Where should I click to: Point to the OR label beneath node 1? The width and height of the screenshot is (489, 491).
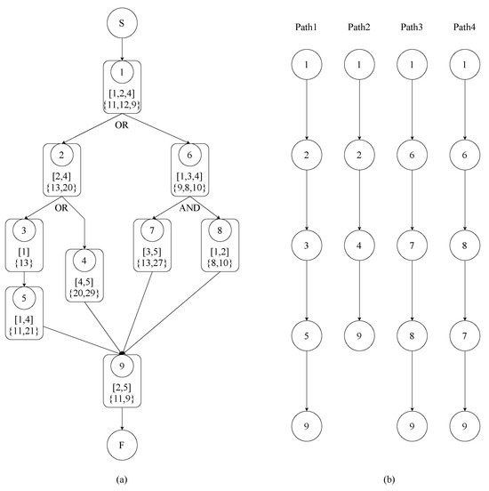[121, 125]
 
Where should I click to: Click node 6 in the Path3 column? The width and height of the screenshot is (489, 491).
[410, 154]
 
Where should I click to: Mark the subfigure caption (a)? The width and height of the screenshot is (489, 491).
[121, 479]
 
